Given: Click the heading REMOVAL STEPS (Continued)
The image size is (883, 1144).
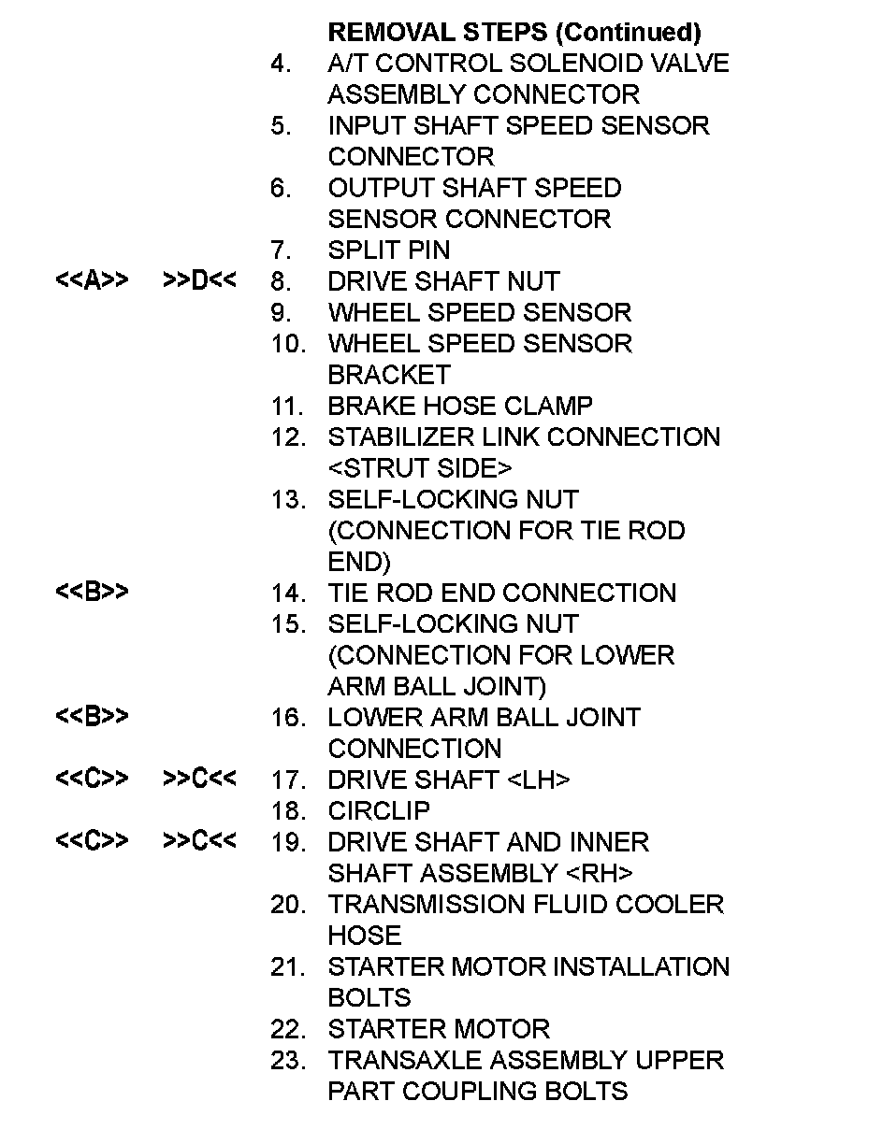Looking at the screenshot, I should [514, 33].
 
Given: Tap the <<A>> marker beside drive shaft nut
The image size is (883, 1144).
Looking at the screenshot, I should [92, 281].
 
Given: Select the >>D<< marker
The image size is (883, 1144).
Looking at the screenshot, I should [199, 281].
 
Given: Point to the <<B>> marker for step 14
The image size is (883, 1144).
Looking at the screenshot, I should [92, 593].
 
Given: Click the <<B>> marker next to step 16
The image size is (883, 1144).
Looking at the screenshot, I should [92, 717].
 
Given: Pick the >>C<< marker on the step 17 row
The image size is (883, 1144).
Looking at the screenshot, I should [199, 779].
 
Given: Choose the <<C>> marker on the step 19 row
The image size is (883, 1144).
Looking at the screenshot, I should [92, 842].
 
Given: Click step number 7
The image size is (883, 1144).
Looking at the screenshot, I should [281, 250].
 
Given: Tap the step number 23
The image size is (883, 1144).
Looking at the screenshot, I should [288, 1061].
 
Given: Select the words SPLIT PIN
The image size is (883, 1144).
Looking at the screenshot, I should [388, 250].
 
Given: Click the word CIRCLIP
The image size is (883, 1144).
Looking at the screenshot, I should [379, 811].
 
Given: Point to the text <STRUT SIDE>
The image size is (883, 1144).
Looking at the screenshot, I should [420, 468].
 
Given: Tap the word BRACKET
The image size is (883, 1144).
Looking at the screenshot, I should [389, 375].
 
